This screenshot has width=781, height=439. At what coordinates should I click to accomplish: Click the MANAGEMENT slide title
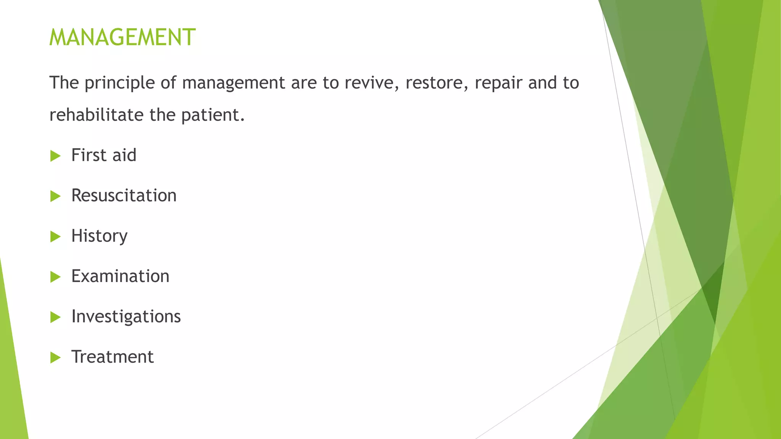(x=122, y=37)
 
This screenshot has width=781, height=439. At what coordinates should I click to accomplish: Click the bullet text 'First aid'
(x=104, y=155)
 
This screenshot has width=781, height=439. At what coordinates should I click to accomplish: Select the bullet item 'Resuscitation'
(x=124, y=196)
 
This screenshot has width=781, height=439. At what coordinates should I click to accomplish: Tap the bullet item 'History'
(x=99, y=236)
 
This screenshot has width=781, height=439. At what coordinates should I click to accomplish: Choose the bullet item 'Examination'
(x=120, y=276)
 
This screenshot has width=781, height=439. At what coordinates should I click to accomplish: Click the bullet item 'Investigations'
(x=126, y=317)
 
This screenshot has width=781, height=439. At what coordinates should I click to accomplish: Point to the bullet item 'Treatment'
(x=112, y=357)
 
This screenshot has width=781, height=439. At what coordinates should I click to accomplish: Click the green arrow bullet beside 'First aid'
(x=55, y=156)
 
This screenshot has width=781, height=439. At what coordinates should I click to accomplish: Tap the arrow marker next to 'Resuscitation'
(x=55, y=196)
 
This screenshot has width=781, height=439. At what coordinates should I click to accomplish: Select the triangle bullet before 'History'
(x=55, y=237)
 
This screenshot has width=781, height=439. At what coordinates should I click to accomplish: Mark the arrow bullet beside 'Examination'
(x=55, y=277)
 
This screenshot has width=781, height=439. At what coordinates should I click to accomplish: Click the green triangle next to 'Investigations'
(x=55, y=317)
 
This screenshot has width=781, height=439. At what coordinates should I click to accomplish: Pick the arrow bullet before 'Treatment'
(x=55, y=357)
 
